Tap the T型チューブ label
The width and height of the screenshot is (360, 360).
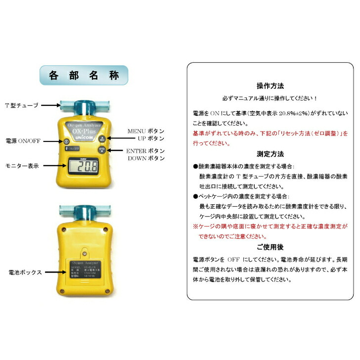click(21, 105)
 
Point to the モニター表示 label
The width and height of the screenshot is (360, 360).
click(22, 166)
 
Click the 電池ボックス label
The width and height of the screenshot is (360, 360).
click(24, 272)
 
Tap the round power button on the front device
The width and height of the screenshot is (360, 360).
click(67, 141)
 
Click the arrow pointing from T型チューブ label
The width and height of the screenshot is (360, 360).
click(49, 105)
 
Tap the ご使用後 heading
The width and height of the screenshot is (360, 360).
click(270, 246)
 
